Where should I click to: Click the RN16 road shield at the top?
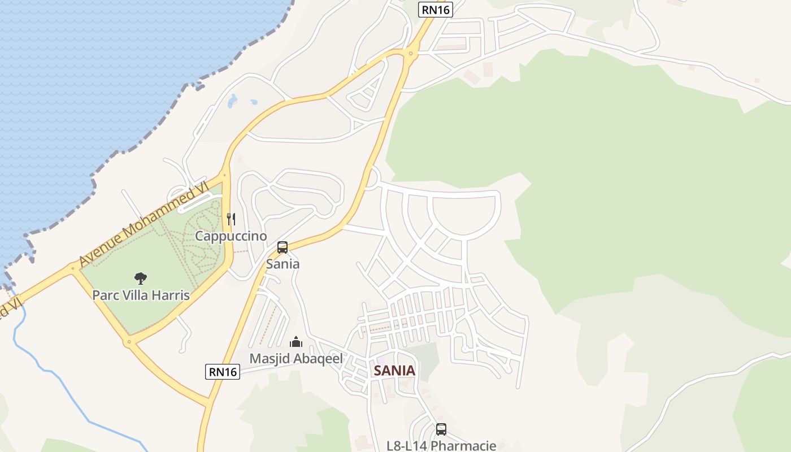coord(436,9)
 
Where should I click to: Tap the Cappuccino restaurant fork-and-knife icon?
coord(231,219)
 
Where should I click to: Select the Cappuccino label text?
coord(231,236)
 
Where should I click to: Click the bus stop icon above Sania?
coord(282,247)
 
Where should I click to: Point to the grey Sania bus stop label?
coord(282,264)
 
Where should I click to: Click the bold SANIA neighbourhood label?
coord(394,371)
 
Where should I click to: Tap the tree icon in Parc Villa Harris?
coord(141,278)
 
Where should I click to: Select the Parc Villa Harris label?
coord(141,295)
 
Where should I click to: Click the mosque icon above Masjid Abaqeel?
coord(296,342)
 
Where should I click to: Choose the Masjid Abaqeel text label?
coord(296,359)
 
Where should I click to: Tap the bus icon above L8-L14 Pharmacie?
coord(441,429)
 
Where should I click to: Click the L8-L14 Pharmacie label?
coord(441,445)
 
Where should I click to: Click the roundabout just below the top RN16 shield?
coord(411,54)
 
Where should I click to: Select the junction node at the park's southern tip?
coord(129,342)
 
